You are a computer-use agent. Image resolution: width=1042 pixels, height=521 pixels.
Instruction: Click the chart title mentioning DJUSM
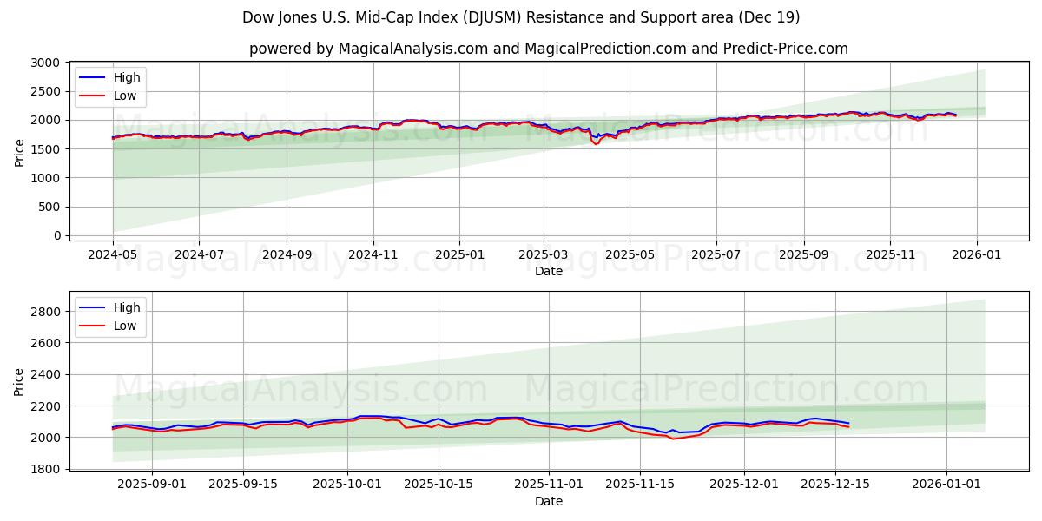pos(521,17)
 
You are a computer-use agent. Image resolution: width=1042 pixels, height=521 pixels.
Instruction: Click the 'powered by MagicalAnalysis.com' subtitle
pos(548,49)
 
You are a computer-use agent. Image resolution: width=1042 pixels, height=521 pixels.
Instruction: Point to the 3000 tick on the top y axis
pos(45,63)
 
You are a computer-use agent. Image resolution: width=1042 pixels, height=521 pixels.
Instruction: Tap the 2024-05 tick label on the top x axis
pos(113,254)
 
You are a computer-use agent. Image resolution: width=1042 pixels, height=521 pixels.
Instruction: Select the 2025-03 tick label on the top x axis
pos(544,254)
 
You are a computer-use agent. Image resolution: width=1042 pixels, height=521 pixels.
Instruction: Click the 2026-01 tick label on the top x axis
pos(977,254)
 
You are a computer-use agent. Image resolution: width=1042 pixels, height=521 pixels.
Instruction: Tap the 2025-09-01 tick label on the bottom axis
pos(152,484)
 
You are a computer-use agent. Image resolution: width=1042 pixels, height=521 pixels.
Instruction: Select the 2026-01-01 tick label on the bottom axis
pos(946,484)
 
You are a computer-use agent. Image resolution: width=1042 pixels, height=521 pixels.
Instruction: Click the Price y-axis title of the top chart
pos(19,152)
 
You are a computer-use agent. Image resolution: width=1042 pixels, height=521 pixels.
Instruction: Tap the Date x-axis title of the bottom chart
pos(548,501)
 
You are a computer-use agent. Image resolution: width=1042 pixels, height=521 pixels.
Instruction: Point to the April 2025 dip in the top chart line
pos(596,142)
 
